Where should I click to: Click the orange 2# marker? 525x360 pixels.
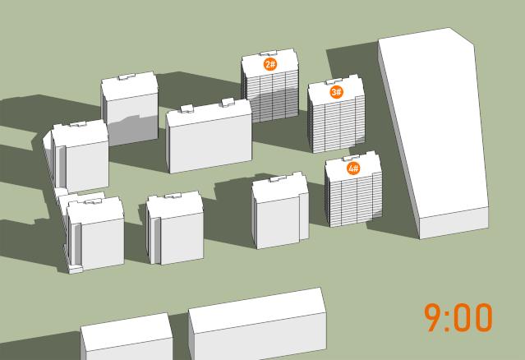(x=270, y=64)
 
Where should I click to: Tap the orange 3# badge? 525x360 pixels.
(x=337, y=92)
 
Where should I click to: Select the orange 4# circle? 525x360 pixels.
(x=353, y=168)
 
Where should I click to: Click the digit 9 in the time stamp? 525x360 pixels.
(x=433, y=317)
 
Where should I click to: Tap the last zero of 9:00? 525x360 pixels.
(x=483, y=317)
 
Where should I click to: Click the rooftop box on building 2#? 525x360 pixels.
(x=269, y=53)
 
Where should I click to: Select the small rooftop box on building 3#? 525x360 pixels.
(x=334, y=81)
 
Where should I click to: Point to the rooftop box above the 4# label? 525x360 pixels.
(x=351, y=158)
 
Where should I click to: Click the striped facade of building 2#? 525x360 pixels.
(x=272, y=97)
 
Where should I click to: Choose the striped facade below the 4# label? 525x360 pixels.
(x=355, y=199)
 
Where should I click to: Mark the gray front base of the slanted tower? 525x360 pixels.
(x=454, y=223)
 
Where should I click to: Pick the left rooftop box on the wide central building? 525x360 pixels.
(x=187, y=108)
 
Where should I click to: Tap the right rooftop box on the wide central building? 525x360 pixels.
(x=228, y=102)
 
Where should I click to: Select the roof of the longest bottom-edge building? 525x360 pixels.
(x=256, y=310)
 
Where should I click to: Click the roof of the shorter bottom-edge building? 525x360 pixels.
(x=127, y=331)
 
